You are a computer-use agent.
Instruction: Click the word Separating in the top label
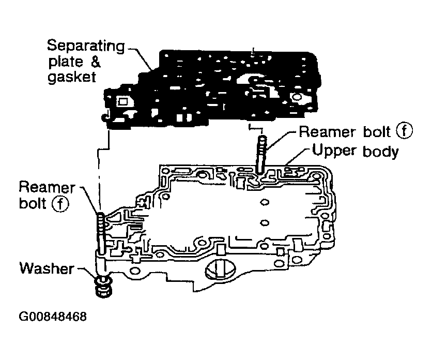pyautogui.click(x=85, y=46)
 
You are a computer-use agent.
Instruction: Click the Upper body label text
pyautogui.click(x=353, y=152)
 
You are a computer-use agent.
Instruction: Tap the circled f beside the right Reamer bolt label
pyautogui.click(x=404, y=131)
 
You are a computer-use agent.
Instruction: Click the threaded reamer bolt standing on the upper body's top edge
pyautogui.click(x=261, y=153)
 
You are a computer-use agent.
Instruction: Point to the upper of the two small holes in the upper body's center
pyautogui.click(x=266, y=202)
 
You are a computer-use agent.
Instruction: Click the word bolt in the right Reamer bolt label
pyautogui.click(x=375, y=132)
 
